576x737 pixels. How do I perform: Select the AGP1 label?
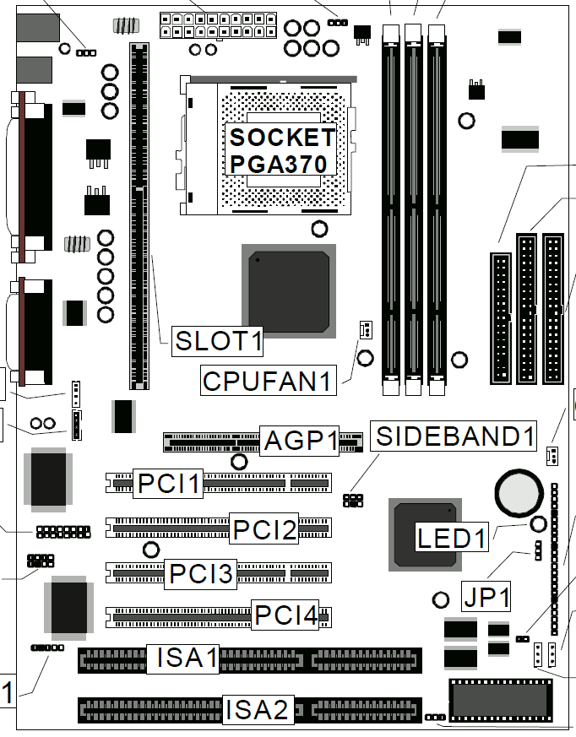302,440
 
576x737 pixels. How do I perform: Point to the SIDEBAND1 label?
456,436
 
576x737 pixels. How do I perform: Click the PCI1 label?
169,485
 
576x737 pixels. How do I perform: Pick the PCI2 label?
265,529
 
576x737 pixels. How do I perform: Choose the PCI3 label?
201,573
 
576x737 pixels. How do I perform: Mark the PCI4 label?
286,615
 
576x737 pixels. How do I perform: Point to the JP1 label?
486,597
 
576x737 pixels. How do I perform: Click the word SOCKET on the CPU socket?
282,137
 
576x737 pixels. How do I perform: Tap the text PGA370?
278,163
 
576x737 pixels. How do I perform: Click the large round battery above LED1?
516,491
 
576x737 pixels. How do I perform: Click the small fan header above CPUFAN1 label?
365,329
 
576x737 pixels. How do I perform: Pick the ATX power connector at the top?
217,25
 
